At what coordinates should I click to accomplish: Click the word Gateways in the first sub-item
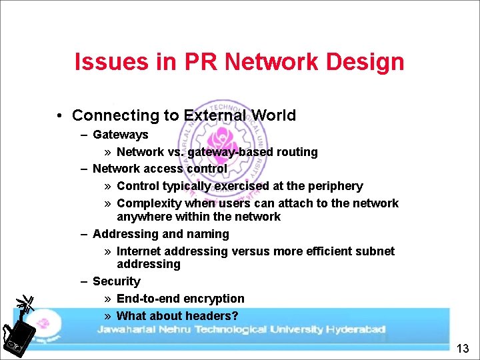[x=120, y=135]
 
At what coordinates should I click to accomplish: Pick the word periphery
[x=332, y=186]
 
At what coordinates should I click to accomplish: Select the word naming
[x=208, y=234]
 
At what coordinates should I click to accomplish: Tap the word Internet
[x=139, y=251]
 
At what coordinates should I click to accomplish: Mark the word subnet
[x=373, y=251]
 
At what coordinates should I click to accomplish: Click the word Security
[x=116, y=281]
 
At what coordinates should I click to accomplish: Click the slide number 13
[x=464, y=348]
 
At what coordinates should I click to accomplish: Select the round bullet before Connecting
[x=60, y=116]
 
